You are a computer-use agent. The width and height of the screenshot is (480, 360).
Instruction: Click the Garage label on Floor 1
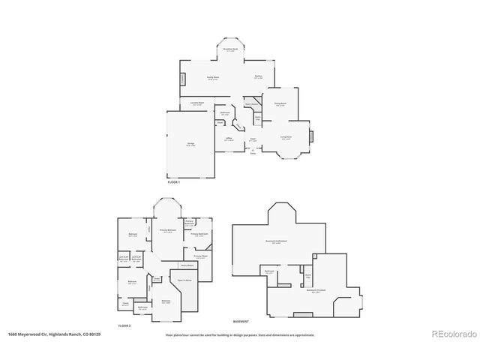click(x=190, y=145)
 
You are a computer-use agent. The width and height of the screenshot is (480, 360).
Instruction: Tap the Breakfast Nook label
click(x=231, y=49)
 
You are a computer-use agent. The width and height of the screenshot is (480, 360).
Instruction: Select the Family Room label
click(x=213, y=78)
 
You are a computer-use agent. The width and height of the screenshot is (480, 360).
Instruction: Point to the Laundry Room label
click(x=196, y=104)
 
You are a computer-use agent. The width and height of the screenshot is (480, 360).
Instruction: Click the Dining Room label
click(x=280, y=104)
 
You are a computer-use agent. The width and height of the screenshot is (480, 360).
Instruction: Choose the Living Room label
click(x=286, y=137)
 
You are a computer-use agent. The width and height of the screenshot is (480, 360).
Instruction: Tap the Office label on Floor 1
click(x=229, y=139)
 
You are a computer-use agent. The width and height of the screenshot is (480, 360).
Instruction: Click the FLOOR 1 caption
click(x=174, y=182)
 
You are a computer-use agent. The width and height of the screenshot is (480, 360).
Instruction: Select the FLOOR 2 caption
click(x=124, y=326)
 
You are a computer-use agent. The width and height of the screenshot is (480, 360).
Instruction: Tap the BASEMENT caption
click(x=241, y=320)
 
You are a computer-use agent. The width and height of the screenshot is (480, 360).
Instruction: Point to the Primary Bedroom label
click(x=167, y=230)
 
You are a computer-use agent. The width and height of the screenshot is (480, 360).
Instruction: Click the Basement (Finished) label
click(x=316, y=292)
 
